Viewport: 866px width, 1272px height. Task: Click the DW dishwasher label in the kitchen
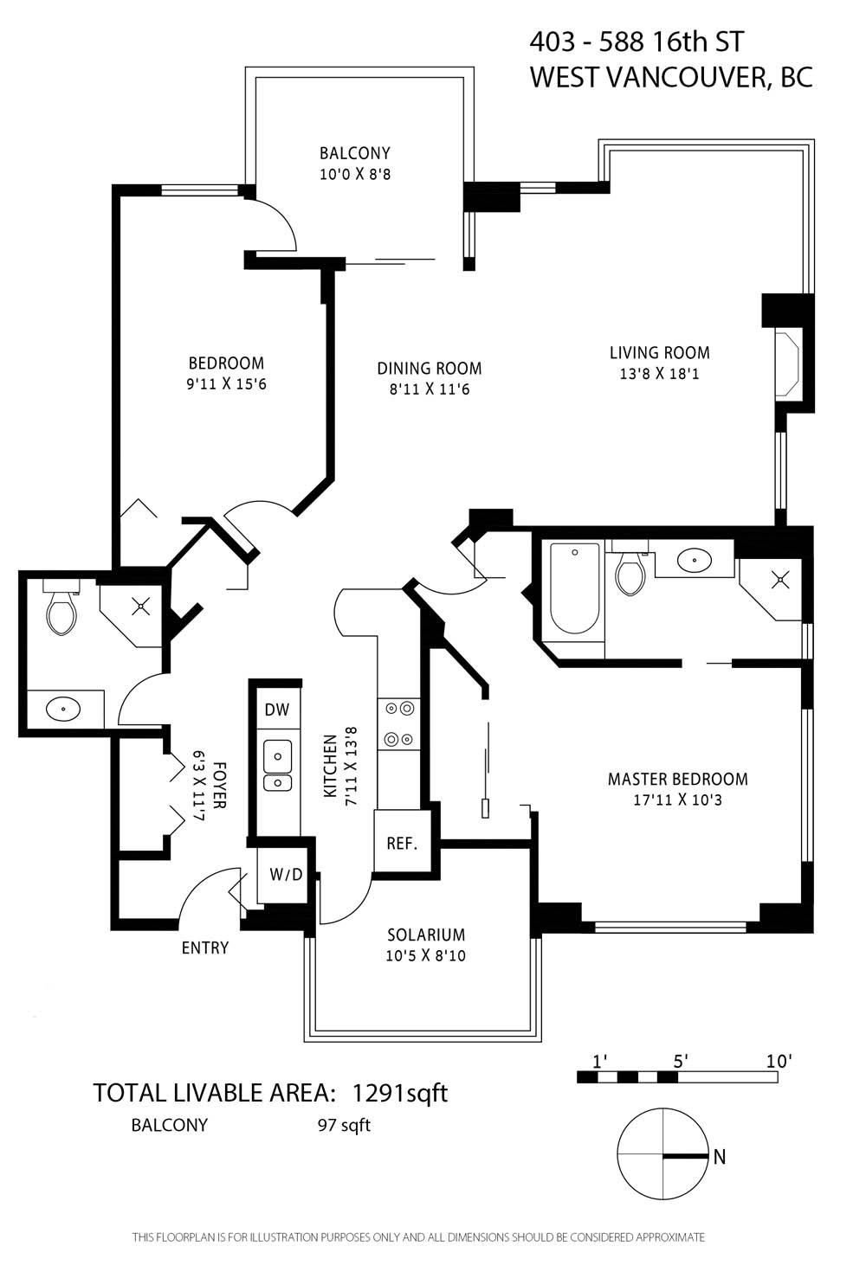click(x=277, y=710)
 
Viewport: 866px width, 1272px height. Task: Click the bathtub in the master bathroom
click(x=574, y=588)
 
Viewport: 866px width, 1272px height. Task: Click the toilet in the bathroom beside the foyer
click(x=62, y=607)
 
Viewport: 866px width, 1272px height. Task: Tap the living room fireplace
click(x=787, y=364)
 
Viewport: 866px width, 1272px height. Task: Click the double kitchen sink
click(x=277, y=766)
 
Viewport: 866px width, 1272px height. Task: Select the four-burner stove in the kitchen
click(x=399, y=724)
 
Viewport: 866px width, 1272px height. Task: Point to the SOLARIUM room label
click(x=426, y=935)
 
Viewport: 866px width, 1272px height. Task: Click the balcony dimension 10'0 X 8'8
click(x=355, y=174)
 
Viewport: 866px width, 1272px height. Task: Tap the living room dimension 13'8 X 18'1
click(x=659, y=374)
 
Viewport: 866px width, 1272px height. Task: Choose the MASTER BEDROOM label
click(x=678, y=779)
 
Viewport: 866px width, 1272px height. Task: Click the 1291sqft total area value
click(x=401, y=1092)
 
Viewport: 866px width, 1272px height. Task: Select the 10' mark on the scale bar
click(x=779, y=1061)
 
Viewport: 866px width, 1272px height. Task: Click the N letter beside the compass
click(x=720, y=1157)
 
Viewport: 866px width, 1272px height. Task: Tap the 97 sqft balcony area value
click(x=344, y=1125)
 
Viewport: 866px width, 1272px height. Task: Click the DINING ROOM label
click(x=430, y=369)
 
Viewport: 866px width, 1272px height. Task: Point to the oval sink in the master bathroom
click(x=695, y=561)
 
